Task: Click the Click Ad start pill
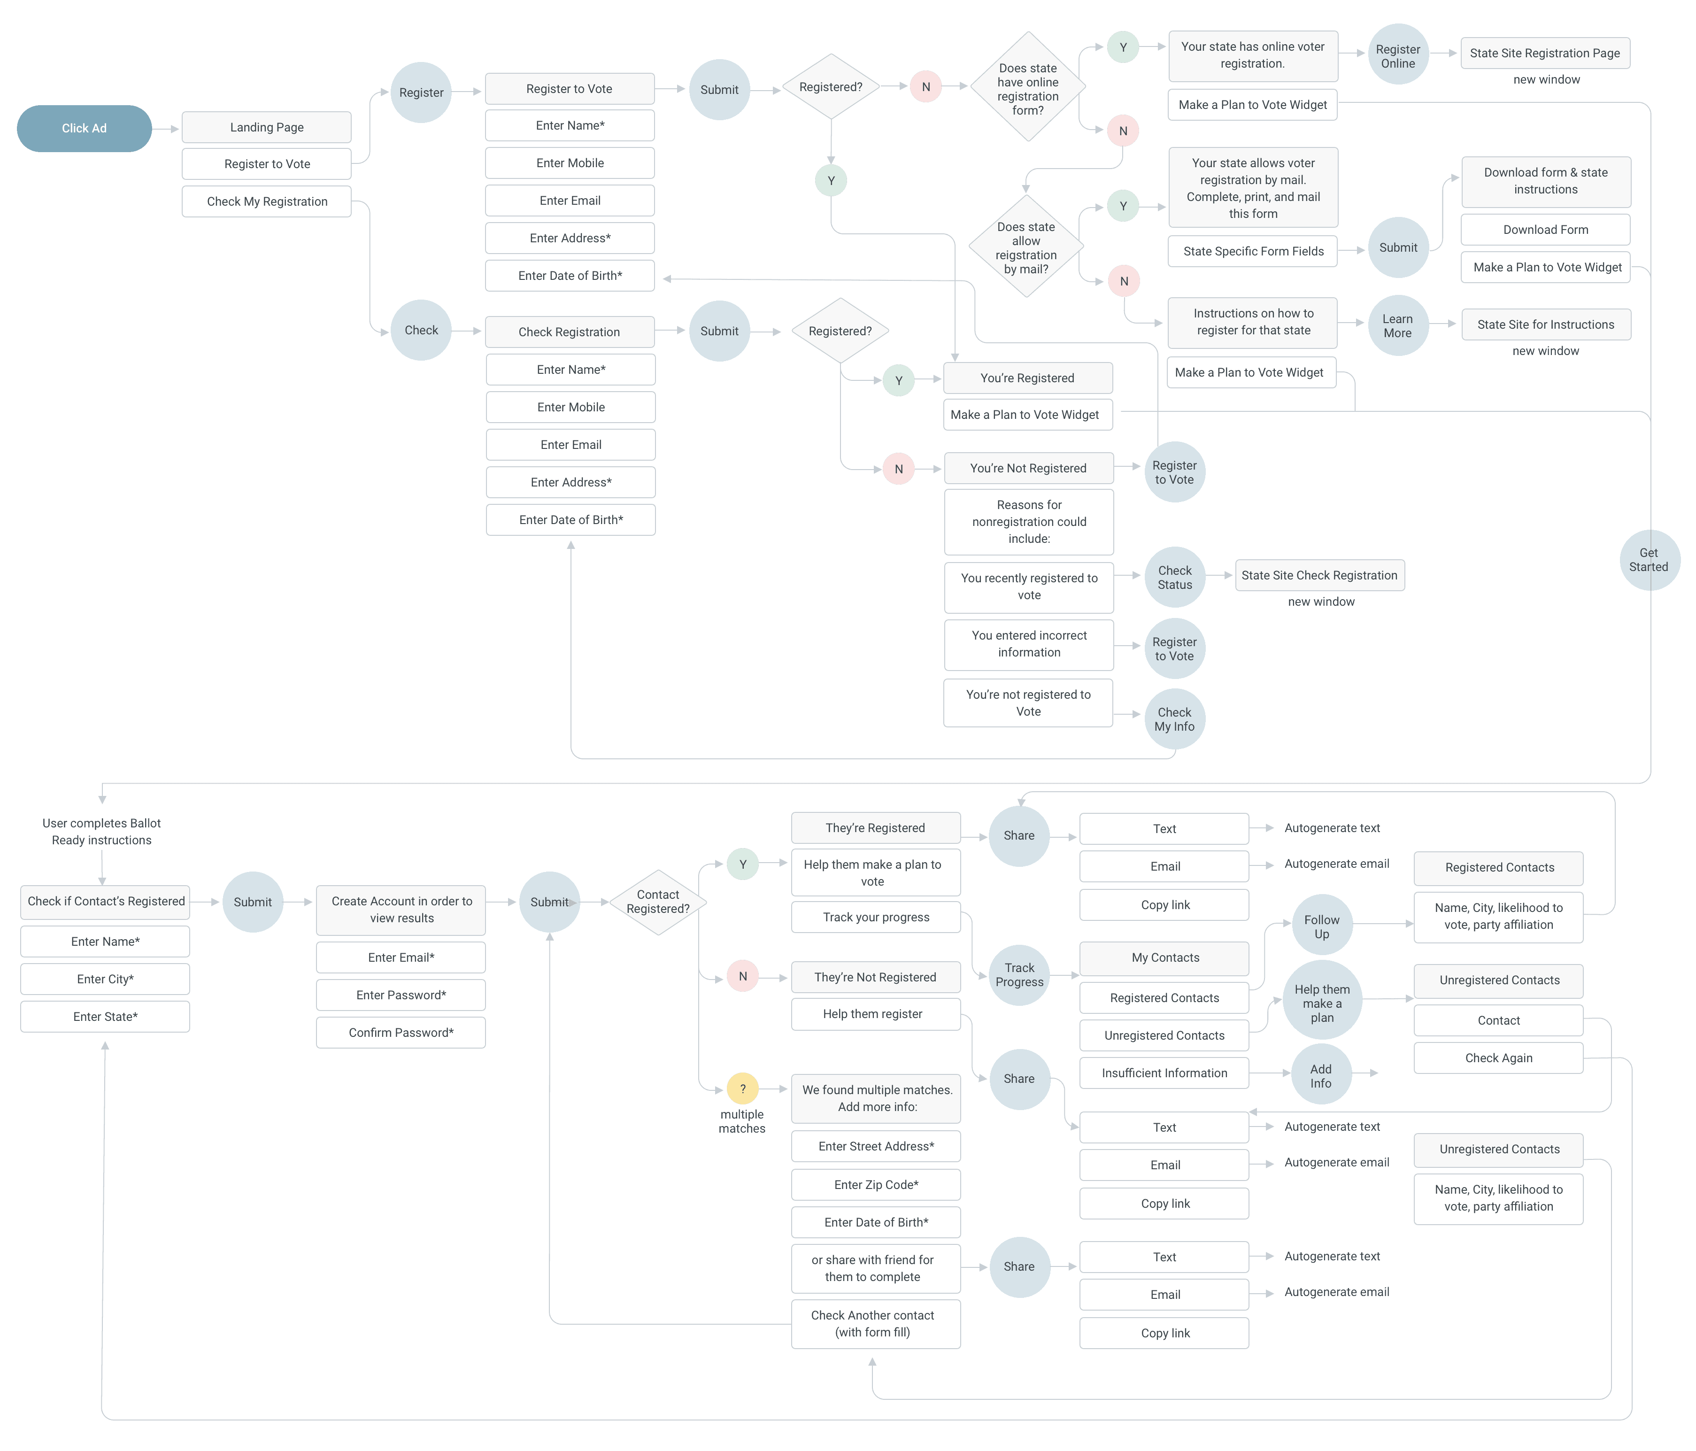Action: (x=85, y=129)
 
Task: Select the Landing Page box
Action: (x=266, y=127)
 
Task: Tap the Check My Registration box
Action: (x=266, y=201)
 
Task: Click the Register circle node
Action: (x=421, y=93)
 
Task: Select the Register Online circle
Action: (x=1397, y=56)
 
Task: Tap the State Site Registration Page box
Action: (x=1545, y=53)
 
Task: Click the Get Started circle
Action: (x=1649, y=560)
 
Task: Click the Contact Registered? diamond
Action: (x=658, y=902)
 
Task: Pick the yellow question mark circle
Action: (x=742, y=1088)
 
